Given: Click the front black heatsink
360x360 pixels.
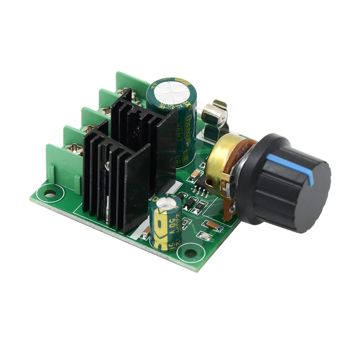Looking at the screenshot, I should click(115, 180).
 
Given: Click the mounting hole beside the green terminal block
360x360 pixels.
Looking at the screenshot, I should click(50, 195).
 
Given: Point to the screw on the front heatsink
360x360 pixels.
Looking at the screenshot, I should click(107, 165).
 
